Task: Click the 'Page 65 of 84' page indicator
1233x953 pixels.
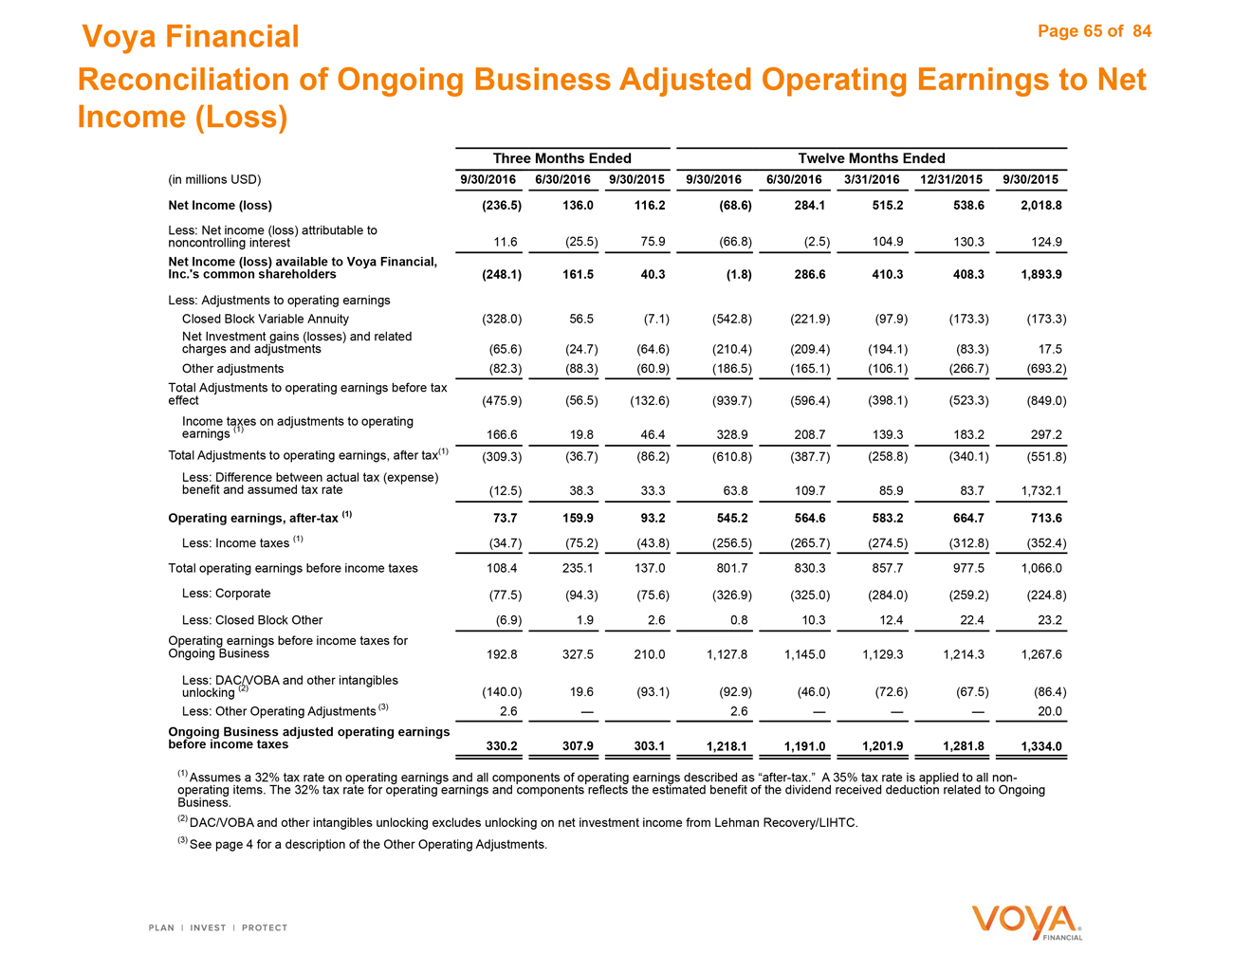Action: click(x=1095, y=31)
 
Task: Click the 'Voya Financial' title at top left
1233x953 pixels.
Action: click(x=191, y=37)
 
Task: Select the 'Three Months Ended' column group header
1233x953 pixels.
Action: click(x=561, y=158)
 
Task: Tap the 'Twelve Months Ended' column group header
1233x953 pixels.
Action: click(x=871, y=158)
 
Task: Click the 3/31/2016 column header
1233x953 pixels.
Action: click(x=872, y=179)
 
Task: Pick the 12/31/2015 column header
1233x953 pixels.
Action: click(x=951, y=179)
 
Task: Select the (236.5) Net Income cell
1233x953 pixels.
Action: click(x=502, y=205)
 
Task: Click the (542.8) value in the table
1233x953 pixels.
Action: click(x=731, y=319)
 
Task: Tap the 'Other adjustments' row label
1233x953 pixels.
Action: click(x=232, y=368)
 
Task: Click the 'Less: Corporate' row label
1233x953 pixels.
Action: click(x=226, y=594)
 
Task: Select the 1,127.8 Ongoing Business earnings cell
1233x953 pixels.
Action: click(x=727, y=653)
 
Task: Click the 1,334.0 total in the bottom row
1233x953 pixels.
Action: click(x=1040, y=746)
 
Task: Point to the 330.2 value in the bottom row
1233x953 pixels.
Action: click(x=502, y=746)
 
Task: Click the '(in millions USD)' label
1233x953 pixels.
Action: click(x=214, y=179)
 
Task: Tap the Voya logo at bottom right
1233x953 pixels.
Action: click(x=1026, y=922)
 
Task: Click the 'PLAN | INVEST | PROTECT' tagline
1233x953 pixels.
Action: click(x=218, y=927)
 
